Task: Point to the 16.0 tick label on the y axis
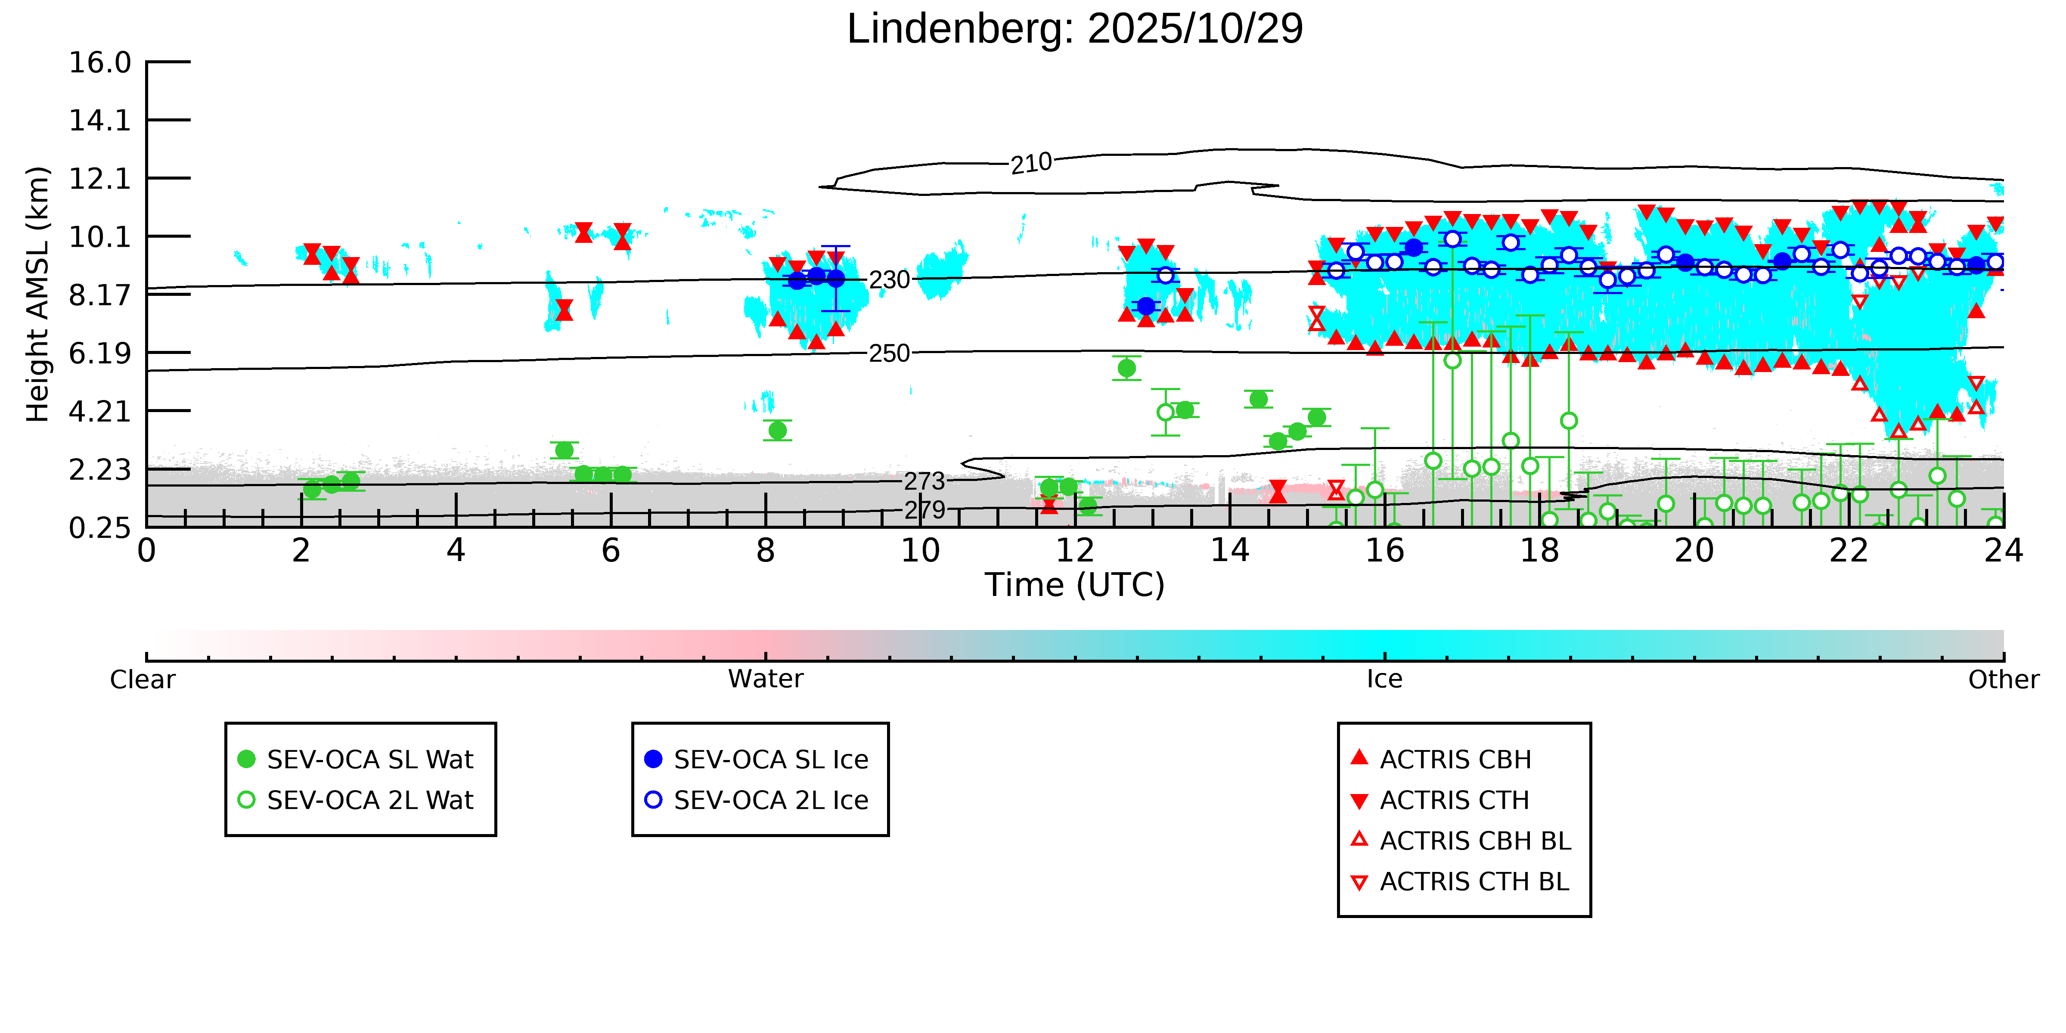pos(99,62)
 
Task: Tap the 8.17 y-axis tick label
pos(99,295)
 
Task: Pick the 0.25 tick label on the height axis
pos(99,528)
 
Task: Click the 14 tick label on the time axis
pos(1229,551)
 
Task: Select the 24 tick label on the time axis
pos(2003,551)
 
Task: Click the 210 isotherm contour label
pos(1030,164)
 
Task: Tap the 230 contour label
pos(890,280)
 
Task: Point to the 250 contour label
pos(890,353)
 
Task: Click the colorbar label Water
pos(765,679)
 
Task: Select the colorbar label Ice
pos(1384,679)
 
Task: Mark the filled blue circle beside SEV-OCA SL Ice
pos(654,759)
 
